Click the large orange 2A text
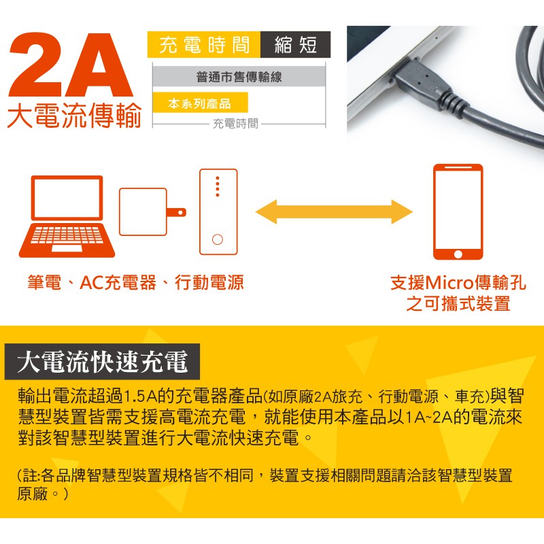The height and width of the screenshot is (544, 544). coord(71,65)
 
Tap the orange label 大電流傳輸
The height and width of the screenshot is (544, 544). coord(74,116)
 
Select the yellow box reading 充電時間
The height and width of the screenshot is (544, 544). coord(204,44)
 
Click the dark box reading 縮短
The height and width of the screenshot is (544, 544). coord(296,44)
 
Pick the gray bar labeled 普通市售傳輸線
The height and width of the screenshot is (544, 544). coord(239,76)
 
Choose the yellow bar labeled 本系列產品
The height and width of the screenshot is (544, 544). coord(200,103)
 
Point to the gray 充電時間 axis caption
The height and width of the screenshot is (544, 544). coord(235,124)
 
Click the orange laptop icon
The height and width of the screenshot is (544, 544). coord(67,216)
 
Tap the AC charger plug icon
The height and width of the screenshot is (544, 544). coord(152,211)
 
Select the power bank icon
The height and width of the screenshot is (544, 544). coord(218,212)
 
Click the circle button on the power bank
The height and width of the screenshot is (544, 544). coord(218,239)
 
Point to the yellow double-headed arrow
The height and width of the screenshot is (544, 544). coord(334,211)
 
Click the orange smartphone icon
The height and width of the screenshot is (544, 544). coord(458,211)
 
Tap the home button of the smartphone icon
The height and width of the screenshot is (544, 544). coord(458,254)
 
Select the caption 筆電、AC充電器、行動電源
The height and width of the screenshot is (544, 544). coord(135,282)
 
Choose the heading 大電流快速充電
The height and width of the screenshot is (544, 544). coord(103,362)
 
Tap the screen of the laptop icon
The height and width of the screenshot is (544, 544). coord(67,198)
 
